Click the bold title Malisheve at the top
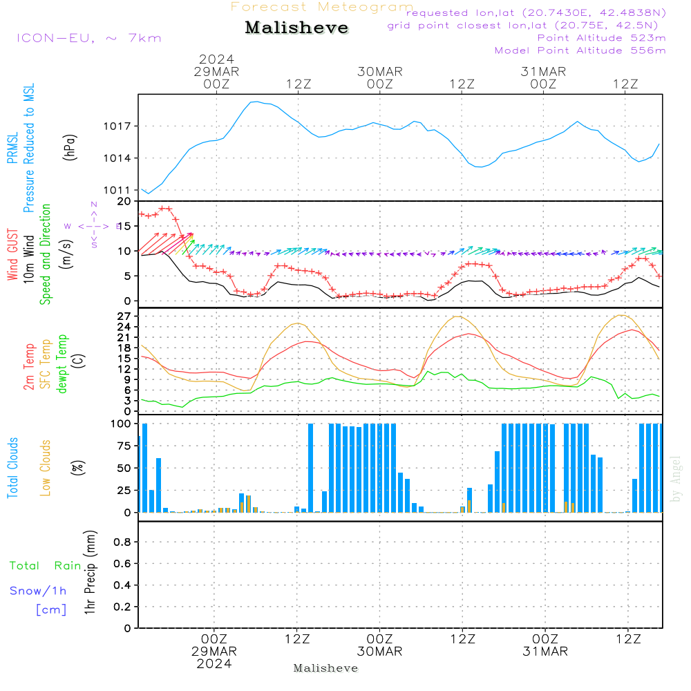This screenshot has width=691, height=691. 297,28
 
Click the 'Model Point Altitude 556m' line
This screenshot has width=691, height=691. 580,50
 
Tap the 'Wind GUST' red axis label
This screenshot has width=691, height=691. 13,256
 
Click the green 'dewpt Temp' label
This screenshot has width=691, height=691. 62,363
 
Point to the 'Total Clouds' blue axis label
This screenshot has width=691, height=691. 13,468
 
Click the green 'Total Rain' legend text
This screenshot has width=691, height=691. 45,566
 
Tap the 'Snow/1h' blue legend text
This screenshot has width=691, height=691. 38,591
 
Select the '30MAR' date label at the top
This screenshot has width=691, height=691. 380,72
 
